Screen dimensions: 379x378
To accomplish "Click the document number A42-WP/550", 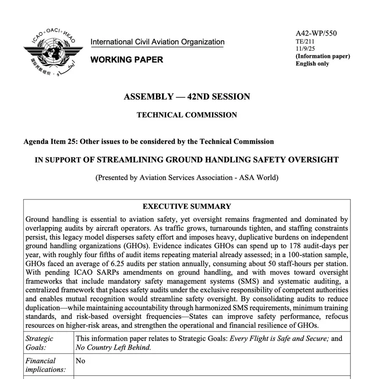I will pyautogui.click(x=316, y=33).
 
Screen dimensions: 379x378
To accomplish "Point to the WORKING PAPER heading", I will pyautogui.click(x=127, y=60).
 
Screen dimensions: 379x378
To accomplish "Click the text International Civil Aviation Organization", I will pyautogui.click(x=157, y=42).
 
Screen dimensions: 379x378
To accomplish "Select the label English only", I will pyautogui.click(x=312, y=63).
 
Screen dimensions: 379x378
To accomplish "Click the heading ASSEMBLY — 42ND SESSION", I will pyautogui.click(x=187, y=97).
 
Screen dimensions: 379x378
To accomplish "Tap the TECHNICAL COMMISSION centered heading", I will pyautogui.click(x=187, y=115).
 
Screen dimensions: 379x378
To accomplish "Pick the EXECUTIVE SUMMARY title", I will pyautogui.click(x=187, y=207).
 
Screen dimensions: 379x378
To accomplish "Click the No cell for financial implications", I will pyautogui.click(x=81, y=361).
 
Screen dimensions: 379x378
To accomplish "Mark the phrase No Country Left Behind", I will pyautogui.click(x=113, y=347).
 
